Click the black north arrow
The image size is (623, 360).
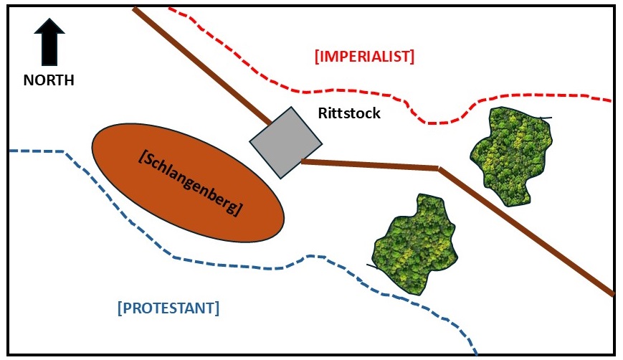49,43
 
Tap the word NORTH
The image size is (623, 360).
49,80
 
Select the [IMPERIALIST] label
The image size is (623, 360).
364,56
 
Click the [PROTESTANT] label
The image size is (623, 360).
168,308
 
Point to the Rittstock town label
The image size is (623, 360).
349,113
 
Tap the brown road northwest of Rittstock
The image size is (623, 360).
201,65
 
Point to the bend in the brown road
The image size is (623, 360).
439,169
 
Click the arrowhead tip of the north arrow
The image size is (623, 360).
49,19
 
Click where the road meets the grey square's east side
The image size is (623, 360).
303,161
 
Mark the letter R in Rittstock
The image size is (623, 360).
323,113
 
